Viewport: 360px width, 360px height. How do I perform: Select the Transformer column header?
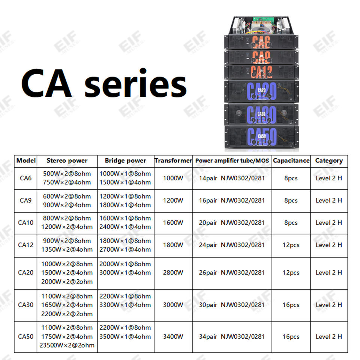click(x=173, y=160)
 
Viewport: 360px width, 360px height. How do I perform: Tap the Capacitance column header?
click(x=291, y=160)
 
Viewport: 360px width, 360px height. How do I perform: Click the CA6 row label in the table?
click(x=25, y=178)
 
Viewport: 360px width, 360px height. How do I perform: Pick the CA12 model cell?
click(x=25, y=245)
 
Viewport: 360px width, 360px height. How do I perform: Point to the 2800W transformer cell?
click(x=173, y=273)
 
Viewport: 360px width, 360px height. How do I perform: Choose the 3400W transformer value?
click(x=173, y=336)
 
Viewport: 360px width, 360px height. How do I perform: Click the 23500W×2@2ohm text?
click(x=67, y=345)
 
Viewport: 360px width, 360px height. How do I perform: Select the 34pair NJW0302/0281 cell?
click(x=232, y=336)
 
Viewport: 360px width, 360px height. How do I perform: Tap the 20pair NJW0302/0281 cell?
click(x=232, y=222)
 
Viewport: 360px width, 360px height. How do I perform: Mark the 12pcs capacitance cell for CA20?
click(x=291, y=273)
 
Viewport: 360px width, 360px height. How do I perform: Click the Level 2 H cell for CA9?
click(x=328, y=200)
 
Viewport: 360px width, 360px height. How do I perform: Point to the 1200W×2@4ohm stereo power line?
click(x=67, y=227)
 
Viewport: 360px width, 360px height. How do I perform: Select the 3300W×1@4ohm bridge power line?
click(x=125, y=305)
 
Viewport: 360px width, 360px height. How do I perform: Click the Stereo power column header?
click(x=67, y=160)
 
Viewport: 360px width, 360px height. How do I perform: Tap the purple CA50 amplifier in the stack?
click(x=261, y=136)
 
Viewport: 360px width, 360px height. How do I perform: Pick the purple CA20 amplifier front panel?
click(x=261, y=91)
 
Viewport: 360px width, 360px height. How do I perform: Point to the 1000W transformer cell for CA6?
click(x=173, y=178)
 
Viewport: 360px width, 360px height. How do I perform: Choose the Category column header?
click(x=328, y=160)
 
